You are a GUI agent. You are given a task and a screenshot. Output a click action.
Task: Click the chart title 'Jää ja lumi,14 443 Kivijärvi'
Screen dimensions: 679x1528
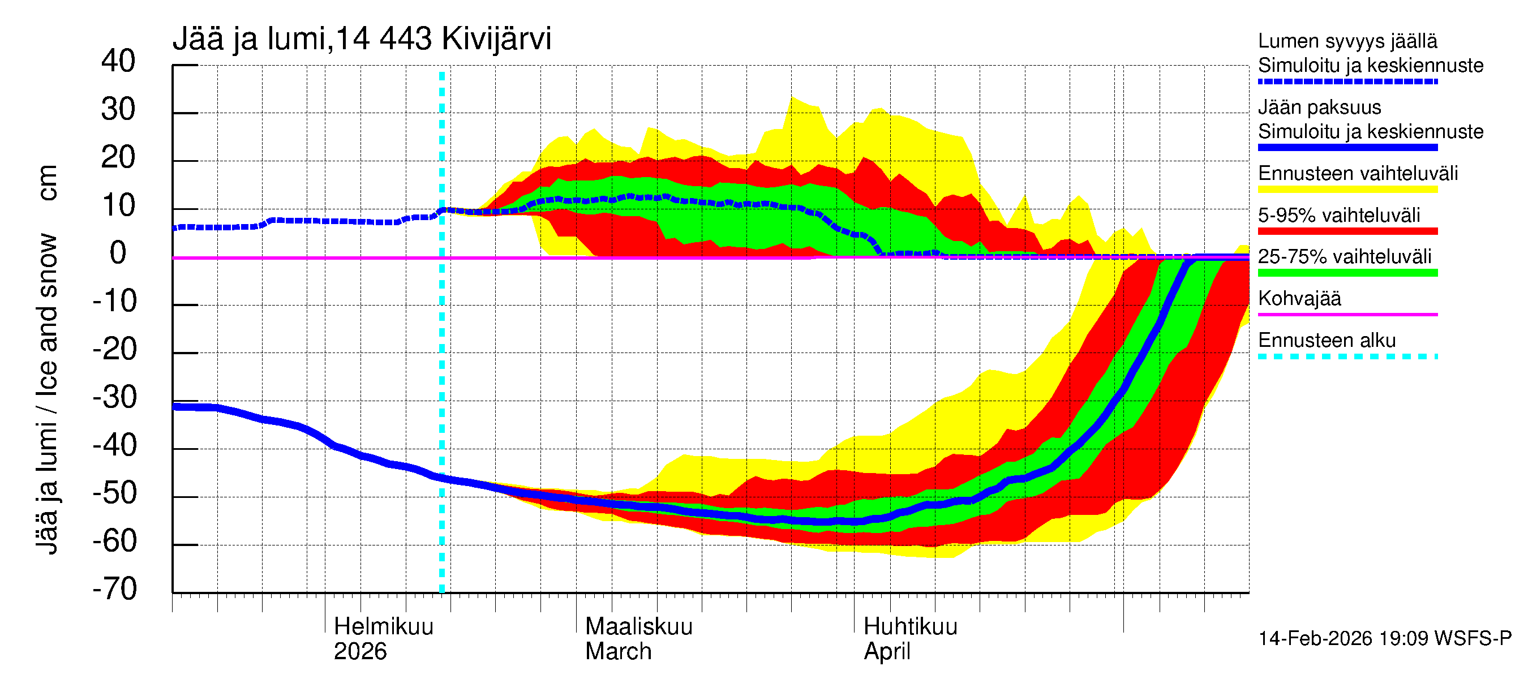361,39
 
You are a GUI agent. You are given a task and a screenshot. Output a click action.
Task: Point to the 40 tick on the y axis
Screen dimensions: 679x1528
118,61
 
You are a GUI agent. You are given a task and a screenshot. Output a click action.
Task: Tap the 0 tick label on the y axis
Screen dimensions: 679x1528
118,253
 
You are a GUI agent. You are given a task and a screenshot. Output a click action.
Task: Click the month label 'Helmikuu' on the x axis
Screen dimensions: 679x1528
383,626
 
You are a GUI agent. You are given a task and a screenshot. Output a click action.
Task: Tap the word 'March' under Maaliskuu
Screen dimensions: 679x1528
618,651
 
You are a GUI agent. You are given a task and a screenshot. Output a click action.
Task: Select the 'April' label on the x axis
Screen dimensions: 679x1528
886,651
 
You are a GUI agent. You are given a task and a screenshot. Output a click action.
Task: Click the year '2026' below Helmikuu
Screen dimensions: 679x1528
360,651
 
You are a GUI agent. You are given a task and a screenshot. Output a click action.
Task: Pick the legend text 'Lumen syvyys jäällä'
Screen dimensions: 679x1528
1347,41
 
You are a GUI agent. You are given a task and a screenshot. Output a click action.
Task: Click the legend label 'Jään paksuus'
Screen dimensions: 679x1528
1319,108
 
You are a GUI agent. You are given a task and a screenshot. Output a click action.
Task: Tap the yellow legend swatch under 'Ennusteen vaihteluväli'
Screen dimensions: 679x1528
1347,190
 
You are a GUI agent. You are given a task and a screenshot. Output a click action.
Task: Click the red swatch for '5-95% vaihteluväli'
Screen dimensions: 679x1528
1347,231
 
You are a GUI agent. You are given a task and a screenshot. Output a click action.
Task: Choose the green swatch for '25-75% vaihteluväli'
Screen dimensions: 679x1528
1347,273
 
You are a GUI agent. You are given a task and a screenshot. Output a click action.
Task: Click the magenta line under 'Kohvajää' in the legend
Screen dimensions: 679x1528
1347,314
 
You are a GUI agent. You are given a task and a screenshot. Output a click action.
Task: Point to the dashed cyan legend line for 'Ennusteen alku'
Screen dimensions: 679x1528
1347,356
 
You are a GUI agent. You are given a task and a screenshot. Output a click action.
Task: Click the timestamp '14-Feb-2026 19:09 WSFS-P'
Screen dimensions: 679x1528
1384,638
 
